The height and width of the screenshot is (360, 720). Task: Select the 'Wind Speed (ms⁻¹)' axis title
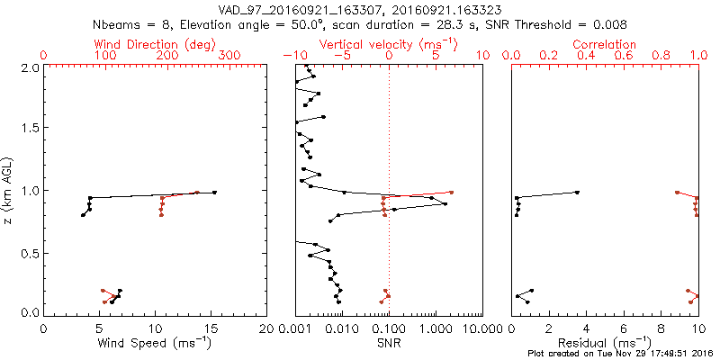pos(156,342)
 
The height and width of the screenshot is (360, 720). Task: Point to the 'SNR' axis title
pos(389,342)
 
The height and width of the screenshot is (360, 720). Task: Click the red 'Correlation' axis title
pos(605,44)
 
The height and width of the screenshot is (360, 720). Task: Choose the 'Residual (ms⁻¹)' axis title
pos(605,342)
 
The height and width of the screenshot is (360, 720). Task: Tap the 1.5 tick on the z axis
pos(30,128)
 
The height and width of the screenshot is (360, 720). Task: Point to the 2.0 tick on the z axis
pos(30,67)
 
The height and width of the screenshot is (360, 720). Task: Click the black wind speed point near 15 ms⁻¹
pos(214,193)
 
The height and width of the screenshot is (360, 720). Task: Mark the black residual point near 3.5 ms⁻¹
pos(577,193)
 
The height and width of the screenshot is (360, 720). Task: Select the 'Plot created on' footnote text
pos(620,354)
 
